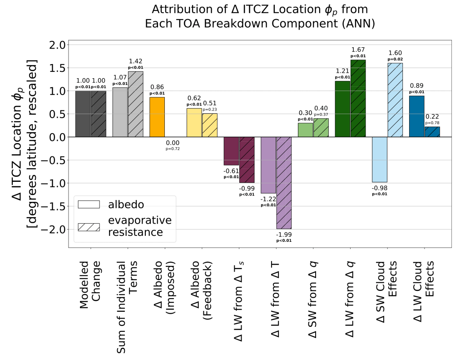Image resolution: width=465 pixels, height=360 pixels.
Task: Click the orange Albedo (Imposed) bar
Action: (x=157, y=117)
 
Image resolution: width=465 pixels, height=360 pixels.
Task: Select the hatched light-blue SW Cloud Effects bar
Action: (x=395, y=100)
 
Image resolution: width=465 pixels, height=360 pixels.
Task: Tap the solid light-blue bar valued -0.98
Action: (x=380, y=159)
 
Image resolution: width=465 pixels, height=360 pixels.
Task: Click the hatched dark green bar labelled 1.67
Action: (x=358, y=98)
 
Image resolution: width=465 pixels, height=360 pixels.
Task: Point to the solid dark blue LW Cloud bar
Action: (x=416, y=116)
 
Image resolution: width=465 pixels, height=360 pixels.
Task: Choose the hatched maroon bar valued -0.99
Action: (x=247, y=160)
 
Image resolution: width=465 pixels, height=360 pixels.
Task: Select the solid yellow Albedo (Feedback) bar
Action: (x=194, y=122)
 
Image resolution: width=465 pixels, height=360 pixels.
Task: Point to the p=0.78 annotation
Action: (x=432, y=123)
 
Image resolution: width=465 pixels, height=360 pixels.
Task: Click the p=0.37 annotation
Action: (x=321, y=114)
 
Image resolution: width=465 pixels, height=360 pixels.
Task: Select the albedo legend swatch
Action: (x=89, y=204)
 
